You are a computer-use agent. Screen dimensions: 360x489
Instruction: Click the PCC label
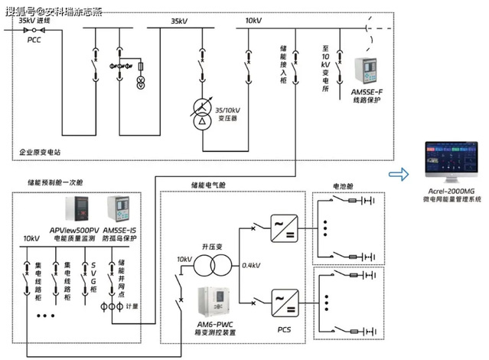[34, 39]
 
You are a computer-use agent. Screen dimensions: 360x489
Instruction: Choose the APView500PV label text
[76, 230]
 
